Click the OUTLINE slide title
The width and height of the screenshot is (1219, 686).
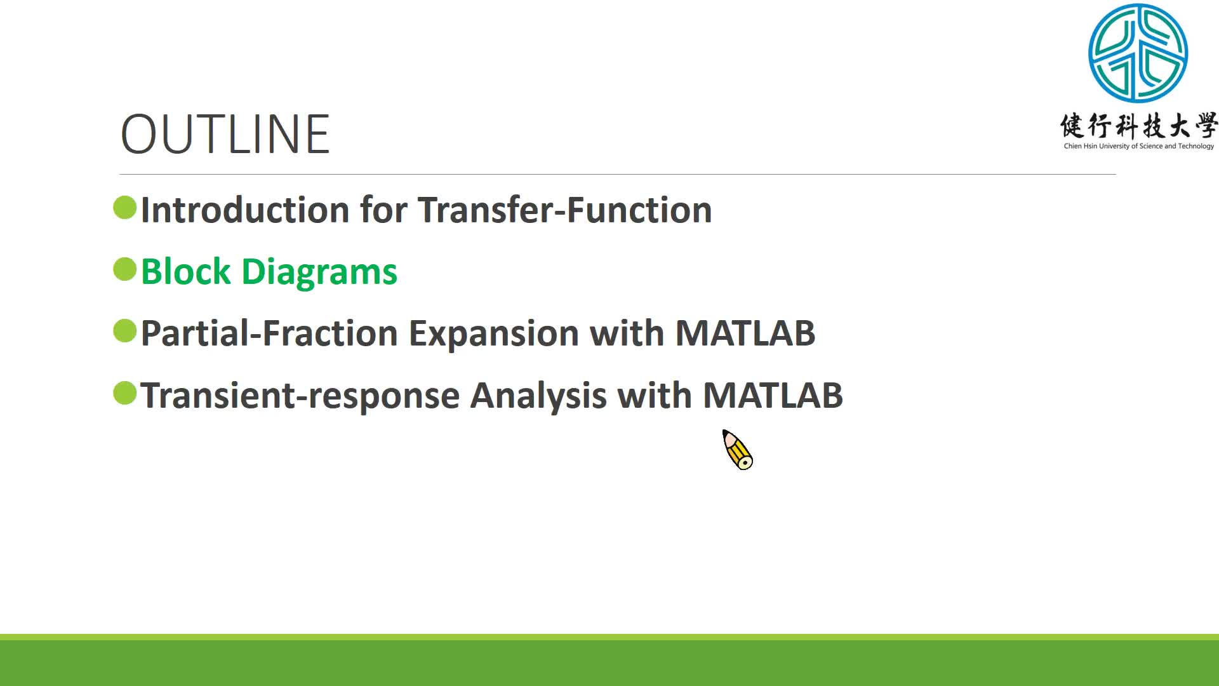click(225, 134)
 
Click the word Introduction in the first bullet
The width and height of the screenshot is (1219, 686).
click(244, 210)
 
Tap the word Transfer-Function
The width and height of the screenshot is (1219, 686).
click(564, 210)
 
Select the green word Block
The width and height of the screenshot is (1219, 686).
click(185, 271)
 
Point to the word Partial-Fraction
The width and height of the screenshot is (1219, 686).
click(269, 333)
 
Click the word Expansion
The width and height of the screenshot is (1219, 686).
click(493, 334)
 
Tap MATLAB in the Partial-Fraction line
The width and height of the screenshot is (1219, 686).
click(745, 333)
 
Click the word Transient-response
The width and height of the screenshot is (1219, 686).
click(300, 396)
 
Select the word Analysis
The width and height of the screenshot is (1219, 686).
click(538, 396)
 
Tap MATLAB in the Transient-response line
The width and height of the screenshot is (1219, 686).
click(773, 395)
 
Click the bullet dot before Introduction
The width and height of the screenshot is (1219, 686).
click(125, 208)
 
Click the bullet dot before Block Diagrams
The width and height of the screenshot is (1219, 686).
click(125, 269)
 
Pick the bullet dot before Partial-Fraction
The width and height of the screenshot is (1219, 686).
click(125, 331)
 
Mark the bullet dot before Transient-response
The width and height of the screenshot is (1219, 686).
click(125, 393)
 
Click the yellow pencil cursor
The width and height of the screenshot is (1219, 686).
click(738, 450)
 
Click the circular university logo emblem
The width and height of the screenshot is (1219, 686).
click(1138, 53)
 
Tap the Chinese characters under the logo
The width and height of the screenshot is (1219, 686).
click(1138, 126)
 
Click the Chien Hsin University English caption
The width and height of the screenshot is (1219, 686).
click(1138, 146)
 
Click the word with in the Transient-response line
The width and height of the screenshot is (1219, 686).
click(654, 395)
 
